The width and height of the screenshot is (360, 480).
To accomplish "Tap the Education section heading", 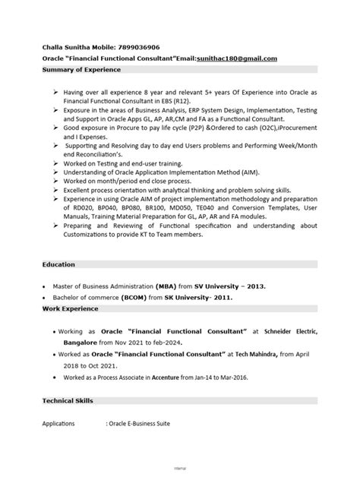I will [58, 264].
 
